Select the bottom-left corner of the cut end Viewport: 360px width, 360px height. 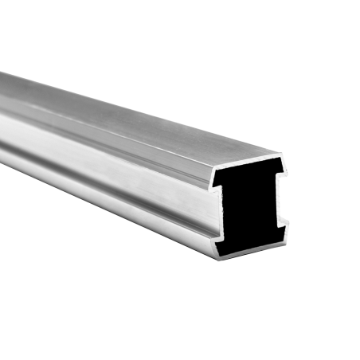coord(217,260)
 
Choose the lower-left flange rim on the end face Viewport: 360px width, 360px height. coord(221,247)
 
